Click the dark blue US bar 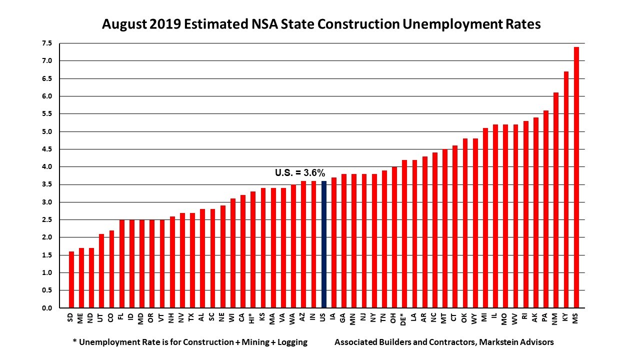tap(323, 244)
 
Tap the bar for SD tap(71, 279)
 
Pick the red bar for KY tap(566, 189)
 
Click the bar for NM tap(556, 200)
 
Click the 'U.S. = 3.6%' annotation tap(300, 173)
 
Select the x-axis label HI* tap(253, 318)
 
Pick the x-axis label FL tap(121, 317)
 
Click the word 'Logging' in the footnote tap(291, 342)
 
